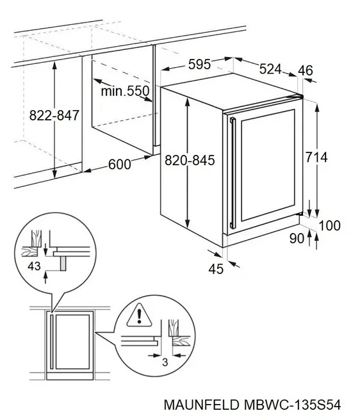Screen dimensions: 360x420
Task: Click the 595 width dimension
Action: [x=199, y=65]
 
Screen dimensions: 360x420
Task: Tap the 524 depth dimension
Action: [x=270, y=69]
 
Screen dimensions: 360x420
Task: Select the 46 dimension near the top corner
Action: [x=306, y=70]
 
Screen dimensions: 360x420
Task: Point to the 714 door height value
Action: [x=316, y=157]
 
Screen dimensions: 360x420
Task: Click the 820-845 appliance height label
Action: [x=190, y=160]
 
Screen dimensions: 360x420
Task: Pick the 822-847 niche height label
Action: [x=54, y=115]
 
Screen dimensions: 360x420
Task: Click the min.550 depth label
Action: [x=125, y=91]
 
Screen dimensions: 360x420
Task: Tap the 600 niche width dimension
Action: [x=120, y=164]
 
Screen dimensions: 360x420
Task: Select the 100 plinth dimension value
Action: [x=330, y=225]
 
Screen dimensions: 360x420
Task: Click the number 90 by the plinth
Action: [x=297, y=238]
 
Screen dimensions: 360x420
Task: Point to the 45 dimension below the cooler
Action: [x=216, y=269]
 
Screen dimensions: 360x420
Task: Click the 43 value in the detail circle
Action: [x=34, y=266]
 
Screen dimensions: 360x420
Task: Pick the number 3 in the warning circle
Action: [x=165, y=362]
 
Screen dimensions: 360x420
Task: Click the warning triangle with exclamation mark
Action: [x=139, y=316]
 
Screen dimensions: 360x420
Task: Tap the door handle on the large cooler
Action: [x=233, y=173]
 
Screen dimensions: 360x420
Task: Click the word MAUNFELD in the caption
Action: [x=201, y=405]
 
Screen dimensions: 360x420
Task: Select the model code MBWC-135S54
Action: [x=293, y=405]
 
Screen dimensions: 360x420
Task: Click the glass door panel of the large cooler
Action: [x=268, y=165]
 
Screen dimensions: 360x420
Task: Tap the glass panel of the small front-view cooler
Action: [x=72, y=342]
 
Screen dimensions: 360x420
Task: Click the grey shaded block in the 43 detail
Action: [x=63, y=263]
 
